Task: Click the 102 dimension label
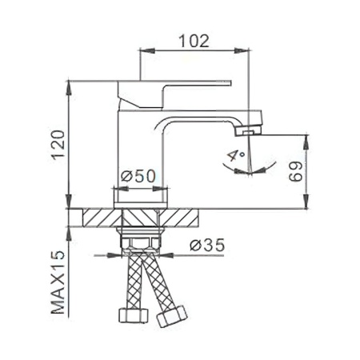click(194, 41)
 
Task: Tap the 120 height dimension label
click(58, 145)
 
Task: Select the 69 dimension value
click(296, 171)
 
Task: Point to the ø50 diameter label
click(138, 176)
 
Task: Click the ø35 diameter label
click(207, 245)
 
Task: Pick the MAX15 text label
click(58, 282)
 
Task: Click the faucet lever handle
click(174, 94)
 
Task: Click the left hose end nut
click(133, 315)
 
